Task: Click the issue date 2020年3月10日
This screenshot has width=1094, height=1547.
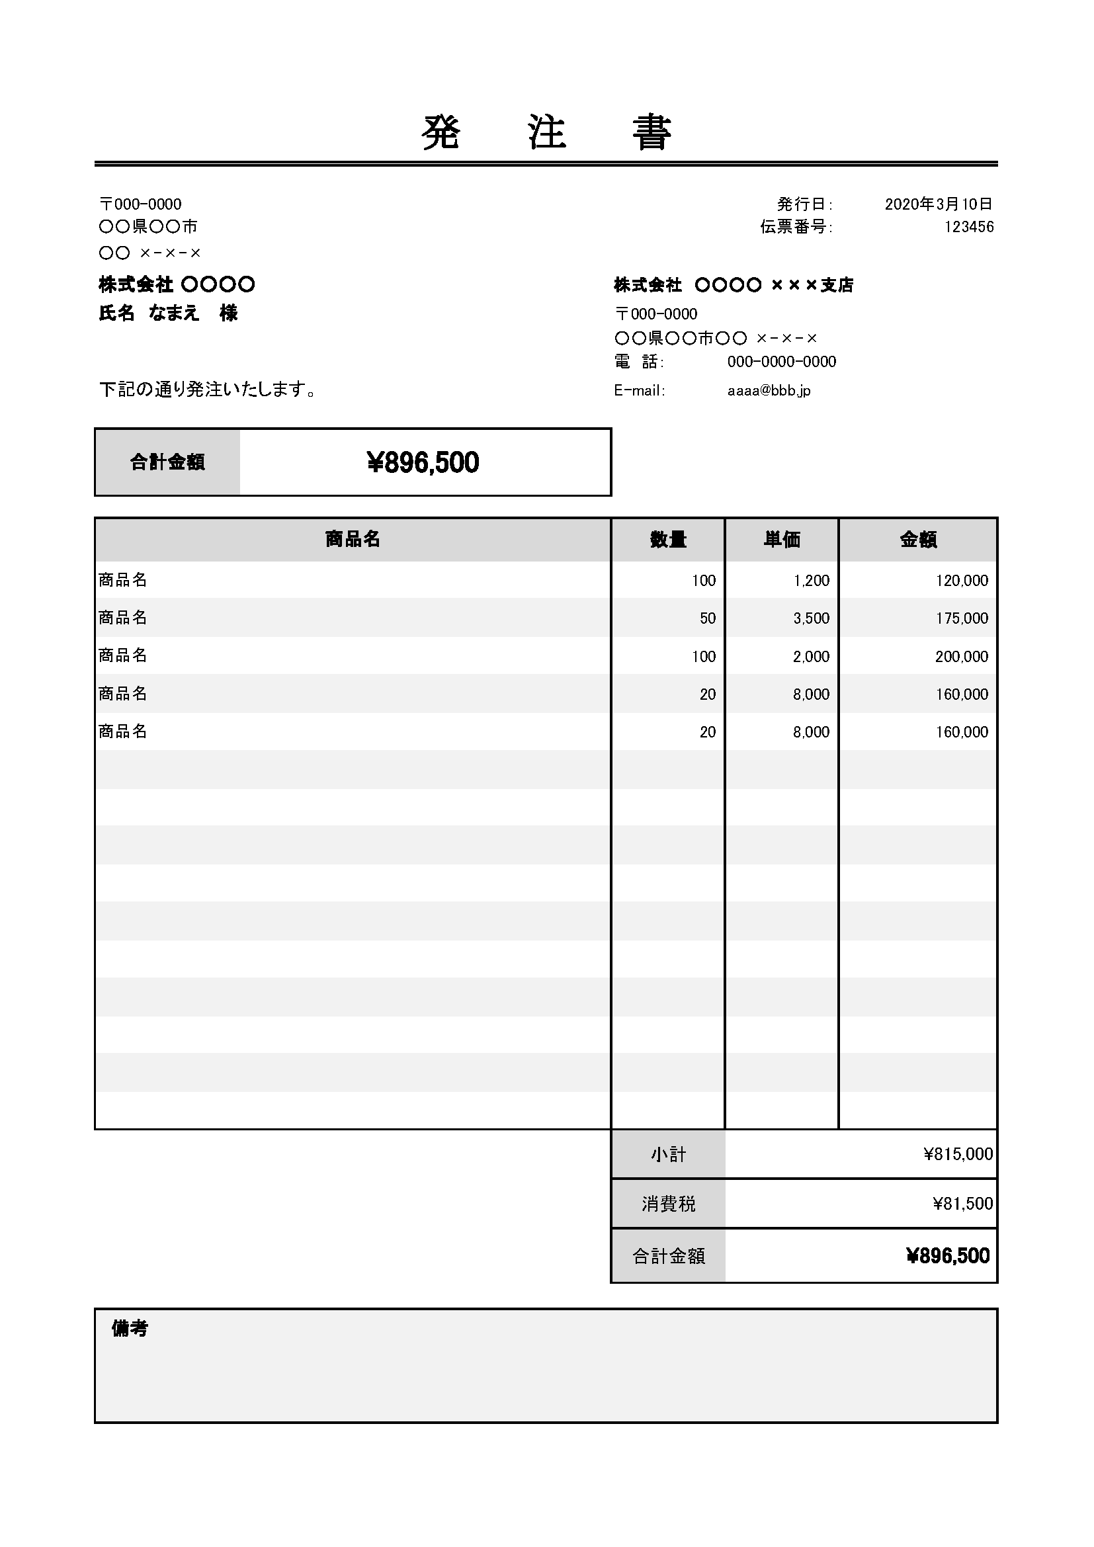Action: click(x=939, y=204)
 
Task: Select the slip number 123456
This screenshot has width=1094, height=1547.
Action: click(x=969, y=227)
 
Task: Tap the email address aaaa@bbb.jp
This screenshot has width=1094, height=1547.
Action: click(x=769, y=391)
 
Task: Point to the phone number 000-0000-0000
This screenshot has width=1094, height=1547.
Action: click(x=781, y=362)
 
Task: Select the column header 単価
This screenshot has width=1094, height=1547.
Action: click(x=781, y=540)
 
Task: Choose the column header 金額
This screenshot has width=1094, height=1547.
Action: click(x=917, y=540)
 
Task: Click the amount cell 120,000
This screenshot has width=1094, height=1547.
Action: click(x=961, y=581)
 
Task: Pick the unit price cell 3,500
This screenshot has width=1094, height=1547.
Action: click(x=811, y=618)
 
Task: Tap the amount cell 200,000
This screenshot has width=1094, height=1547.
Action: click(x=961, y=657)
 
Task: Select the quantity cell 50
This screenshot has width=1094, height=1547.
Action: click(x=707, y=618)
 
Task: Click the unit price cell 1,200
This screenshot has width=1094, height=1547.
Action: click(x=811, y=581)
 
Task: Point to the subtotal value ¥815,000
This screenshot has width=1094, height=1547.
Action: click(x=957, y=1154)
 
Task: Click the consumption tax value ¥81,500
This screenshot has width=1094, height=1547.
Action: click(x=962, y=1204)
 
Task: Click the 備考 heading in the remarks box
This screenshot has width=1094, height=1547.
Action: click(x=130, y=1329)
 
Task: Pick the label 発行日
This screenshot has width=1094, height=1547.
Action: click(x=804, y=204)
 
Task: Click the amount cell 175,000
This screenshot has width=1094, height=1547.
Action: click(x=961, y=618)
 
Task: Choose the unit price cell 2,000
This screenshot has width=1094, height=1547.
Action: click(x=811, y=657)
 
